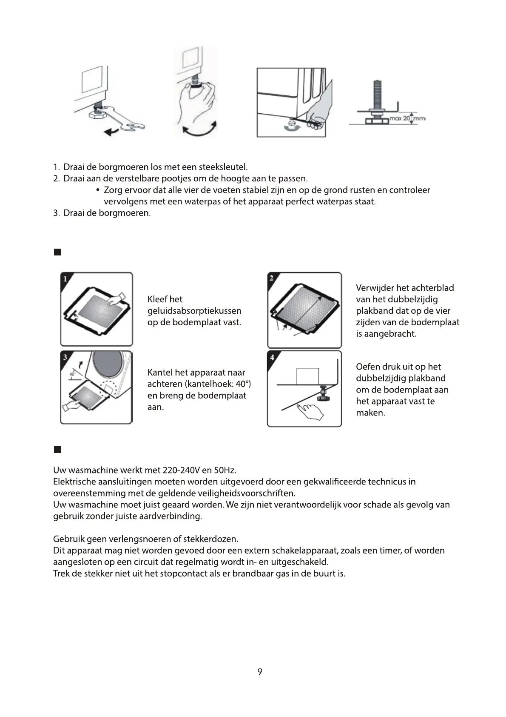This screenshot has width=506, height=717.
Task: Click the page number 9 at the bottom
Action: point(259,672)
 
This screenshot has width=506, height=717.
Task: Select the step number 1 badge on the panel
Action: point(65,279)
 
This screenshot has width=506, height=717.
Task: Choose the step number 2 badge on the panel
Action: point(272,278)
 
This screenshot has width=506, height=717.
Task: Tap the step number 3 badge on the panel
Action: point(65,357)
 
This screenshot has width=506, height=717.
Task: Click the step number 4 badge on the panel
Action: point(272,357)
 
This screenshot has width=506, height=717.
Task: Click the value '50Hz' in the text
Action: point(225,470)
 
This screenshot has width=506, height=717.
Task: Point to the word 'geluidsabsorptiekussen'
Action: point(194,311)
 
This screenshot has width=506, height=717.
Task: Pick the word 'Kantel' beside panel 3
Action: point(160,373)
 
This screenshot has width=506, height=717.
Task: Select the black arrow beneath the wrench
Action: point(112,132)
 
